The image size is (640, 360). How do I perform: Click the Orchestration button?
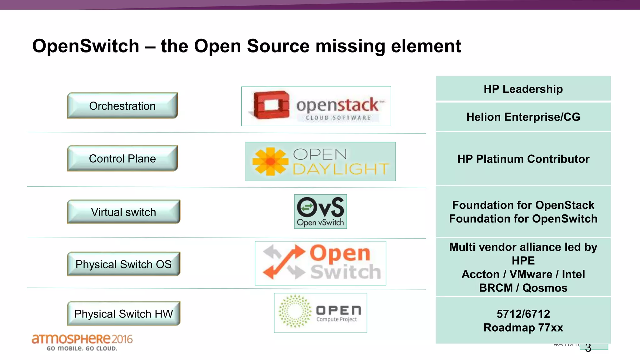point(122,106)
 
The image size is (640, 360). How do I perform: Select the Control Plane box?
point(122,158)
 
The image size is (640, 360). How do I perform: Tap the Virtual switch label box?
point(123,212)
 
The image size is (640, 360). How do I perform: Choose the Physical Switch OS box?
point(123,264)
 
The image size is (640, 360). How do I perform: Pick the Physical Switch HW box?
point(123,313)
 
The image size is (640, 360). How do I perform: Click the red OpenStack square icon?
point(271,105)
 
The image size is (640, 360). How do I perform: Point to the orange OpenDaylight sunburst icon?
point(270,161)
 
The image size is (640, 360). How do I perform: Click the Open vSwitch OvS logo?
point(320,211)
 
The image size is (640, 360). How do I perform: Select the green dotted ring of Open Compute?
point(295,311)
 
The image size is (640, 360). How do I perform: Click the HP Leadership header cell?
point(523,89)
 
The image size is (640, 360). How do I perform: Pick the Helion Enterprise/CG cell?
point(523,117)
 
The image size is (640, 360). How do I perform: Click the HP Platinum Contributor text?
point(523,159)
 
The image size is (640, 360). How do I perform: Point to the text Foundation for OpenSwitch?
point(523,219)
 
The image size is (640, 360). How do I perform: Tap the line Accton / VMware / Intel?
point(523,274)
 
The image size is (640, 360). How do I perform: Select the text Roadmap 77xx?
point(523,327)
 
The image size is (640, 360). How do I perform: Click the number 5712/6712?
point(523,314)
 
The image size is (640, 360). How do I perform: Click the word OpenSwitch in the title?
point(86,46)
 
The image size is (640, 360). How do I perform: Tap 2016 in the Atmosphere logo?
point(122,339)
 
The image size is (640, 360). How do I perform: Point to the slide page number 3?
point(588,348)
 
